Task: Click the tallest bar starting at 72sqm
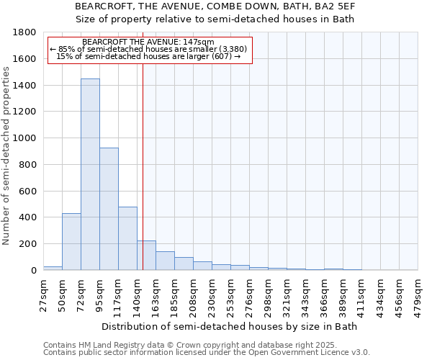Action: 90,174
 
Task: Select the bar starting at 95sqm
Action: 109,209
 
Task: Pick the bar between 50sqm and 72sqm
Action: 71,242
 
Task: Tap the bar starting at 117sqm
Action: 127,238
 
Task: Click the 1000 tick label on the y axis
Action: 25,138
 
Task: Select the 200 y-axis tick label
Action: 28,244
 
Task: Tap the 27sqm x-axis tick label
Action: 43,293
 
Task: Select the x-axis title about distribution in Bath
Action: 230,326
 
